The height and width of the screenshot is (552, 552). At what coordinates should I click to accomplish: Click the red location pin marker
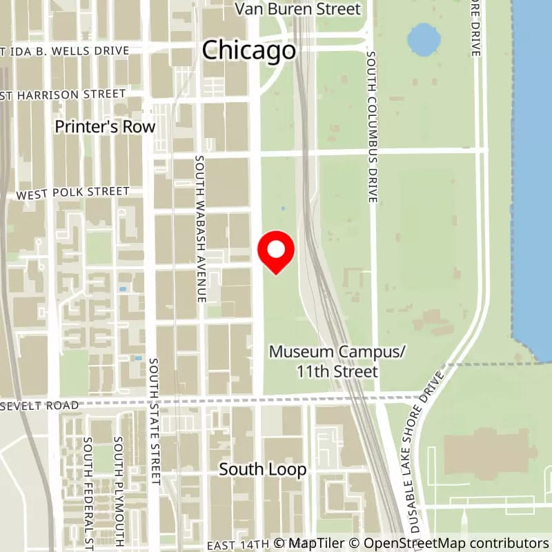pos(276,251)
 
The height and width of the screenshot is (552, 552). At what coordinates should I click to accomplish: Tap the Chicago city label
pos(249,50)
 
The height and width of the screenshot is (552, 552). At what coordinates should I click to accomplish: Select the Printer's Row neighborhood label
pos(106,127)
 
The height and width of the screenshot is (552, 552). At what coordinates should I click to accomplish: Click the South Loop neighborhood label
pos(262,469)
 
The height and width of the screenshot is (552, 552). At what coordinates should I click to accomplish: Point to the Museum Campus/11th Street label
pos(337,362)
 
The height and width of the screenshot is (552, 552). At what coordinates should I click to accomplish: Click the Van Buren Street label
pos(297,9)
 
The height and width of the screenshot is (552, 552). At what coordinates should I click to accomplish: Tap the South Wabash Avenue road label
pos(200,228)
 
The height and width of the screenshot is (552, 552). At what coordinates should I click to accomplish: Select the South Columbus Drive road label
pos(372,127)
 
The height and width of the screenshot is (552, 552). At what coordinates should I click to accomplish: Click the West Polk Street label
pos(73,192)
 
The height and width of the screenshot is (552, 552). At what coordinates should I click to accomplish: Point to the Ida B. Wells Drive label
pos(66,51)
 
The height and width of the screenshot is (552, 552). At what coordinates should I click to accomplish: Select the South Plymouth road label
pos(119,490)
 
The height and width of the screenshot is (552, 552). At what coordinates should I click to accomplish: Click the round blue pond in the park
pos(421,41)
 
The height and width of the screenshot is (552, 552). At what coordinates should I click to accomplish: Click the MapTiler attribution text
pos(312,543)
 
